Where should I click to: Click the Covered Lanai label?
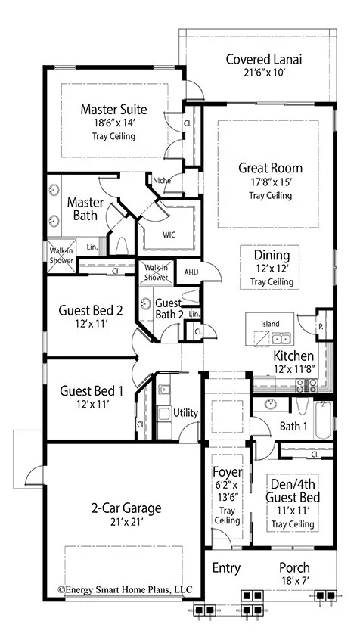[264, 60]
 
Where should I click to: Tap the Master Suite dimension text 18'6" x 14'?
[113, 123]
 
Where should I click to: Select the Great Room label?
[271, 168]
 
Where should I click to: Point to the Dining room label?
[272, 255]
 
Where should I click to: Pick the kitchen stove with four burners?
[306, 386]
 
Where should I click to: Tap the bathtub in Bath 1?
[324, 420]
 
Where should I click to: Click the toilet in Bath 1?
[303, 406]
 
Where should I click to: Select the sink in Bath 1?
[270, 405]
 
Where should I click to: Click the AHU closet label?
[191, 272]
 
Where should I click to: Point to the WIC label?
[169, 235]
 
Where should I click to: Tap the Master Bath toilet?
[123, 246]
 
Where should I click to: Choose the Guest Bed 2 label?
[91, 310]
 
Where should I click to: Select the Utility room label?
[186, 413]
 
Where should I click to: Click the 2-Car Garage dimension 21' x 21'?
[126, 523]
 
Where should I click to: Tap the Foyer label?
[228, 472]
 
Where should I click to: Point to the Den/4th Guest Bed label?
[293, 491]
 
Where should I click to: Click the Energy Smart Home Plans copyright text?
[125, 590]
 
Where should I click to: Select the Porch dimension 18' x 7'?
[294, 580]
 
